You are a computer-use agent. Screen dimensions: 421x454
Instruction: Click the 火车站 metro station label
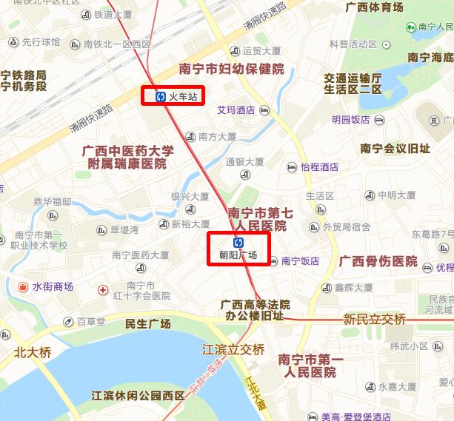point(183,96)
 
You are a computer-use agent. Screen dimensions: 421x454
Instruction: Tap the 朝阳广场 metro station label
point(238,255)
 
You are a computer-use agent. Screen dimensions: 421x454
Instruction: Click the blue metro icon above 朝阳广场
point(238,242)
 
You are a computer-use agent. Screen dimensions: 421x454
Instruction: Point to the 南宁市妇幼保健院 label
point(232,69)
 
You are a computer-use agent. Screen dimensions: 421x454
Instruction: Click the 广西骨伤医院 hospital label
point(378,261)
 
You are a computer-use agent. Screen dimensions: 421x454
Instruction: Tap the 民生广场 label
point(148,323)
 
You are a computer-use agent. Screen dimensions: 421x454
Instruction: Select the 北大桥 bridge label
point(33,352)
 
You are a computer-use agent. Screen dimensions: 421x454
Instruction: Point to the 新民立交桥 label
point(375,319)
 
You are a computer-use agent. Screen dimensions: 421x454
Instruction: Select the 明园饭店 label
point(350,120)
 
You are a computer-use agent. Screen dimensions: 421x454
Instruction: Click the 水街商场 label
point(53,286)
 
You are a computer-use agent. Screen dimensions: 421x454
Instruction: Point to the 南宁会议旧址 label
point(395,148)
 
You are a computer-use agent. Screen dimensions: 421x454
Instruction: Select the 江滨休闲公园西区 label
point(138,396)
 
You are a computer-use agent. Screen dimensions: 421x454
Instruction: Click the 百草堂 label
point(91,322)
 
